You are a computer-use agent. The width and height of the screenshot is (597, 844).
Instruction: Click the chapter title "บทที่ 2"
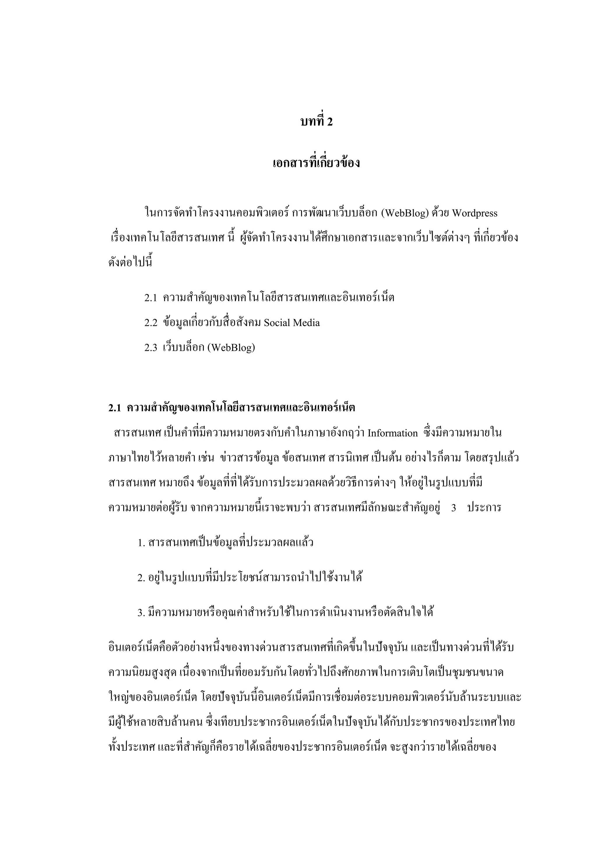coord(316,122)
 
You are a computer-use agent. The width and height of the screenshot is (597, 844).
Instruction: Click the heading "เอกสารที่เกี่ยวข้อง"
coord(316,163)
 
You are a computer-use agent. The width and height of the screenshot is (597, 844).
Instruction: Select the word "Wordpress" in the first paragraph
coord(474,214)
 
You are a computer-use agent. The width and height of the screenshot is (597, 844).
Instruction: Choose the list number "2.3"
coord(150,348)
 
